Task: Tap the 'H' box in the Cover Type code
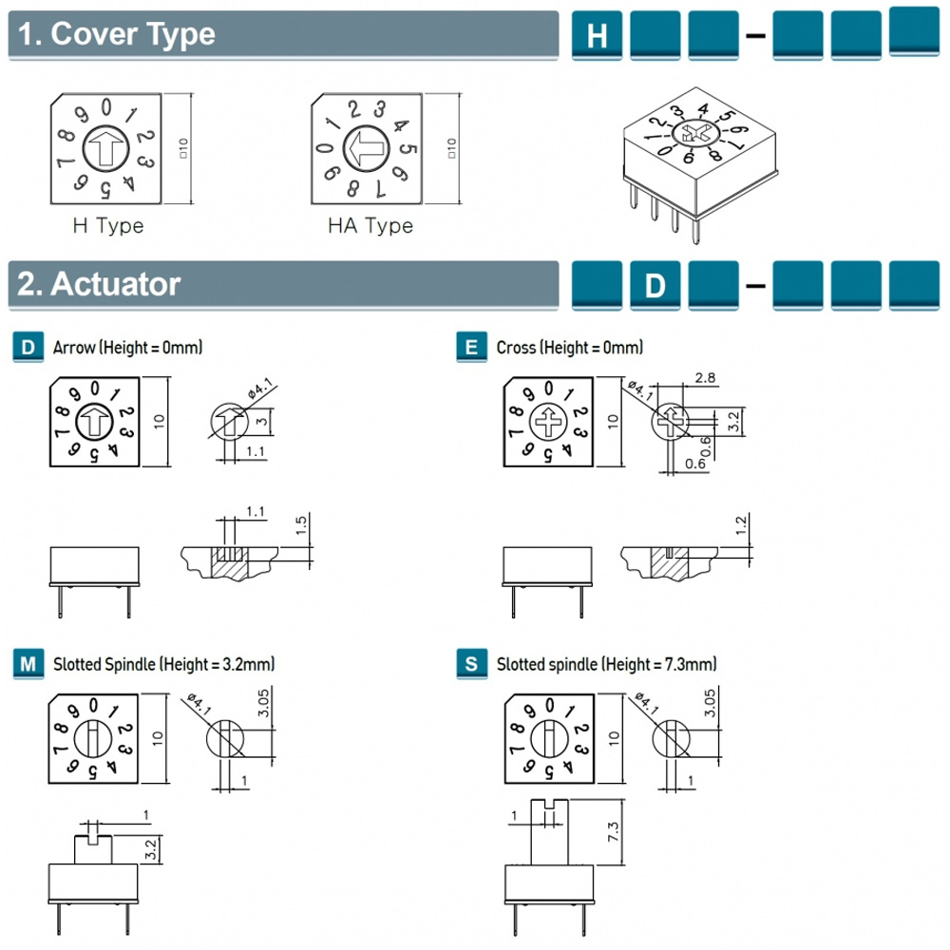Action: point(598,36)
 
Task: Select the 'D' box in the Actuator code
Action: point(655,285)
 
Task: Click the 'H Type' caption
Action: point(108,226)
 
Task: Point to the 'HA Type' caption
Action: point(370,226)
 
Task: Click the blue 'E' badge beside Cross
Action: point(472,348)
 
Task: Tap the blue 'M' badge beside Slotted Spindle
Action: point(29,664)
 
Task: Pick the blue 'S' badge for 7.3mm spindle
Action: point(472,664)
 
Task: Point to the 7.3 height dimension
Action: point(614,833)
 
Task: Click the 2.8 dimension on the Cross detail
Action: point(706,378)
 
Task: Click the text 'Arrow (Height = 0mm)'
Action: point(128,348)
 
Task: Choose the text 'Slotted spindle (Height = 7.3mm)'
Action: point(606,664)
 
